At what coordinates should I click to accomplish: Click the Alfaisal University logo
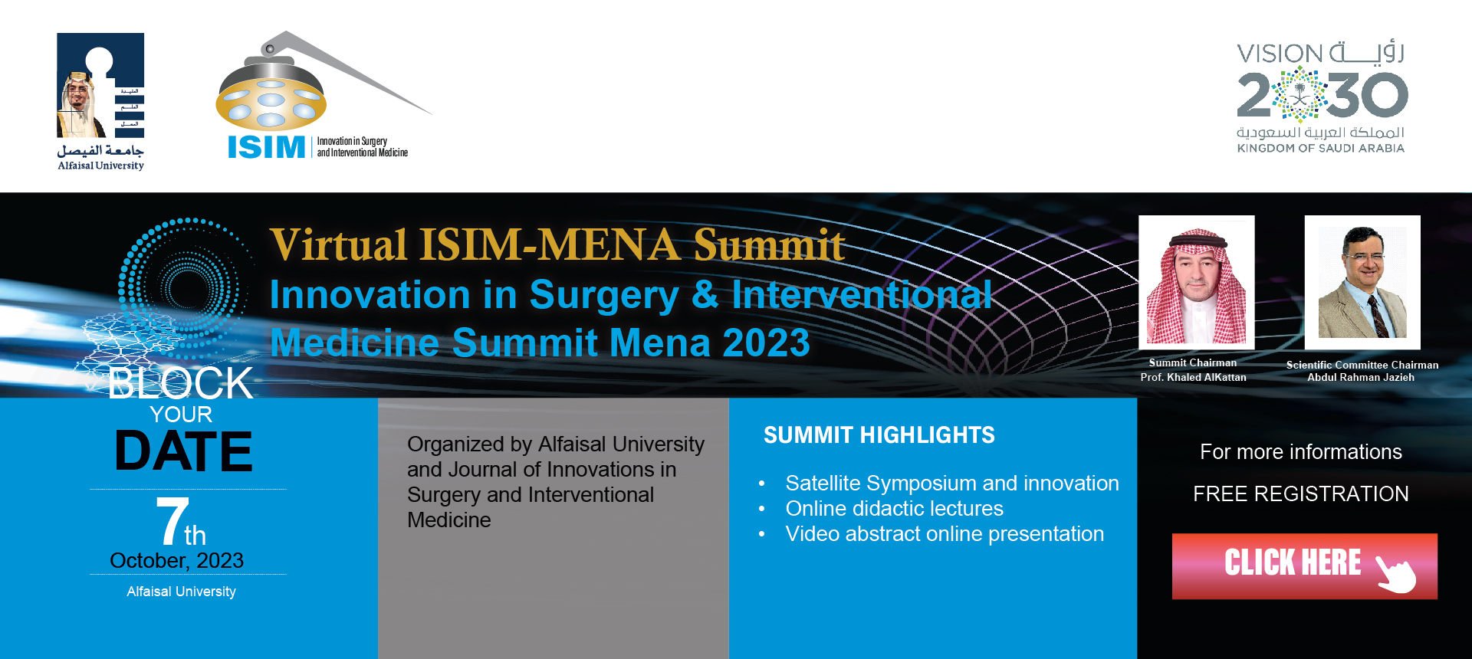[x=100, y=101]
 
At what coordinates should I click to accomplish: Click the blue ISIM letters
[x=267, y=147]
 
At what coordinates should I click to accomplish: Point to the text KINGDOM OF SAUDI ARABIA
[x=1321, y=149]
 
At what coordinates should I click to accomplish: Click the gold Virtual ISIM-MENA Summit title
[x=557, y=245]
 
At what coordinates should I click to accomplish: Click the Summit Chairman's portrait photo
[x=1196, y=282]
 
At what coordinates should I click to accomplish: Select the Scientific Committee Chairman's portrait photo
[x=1362, y=282]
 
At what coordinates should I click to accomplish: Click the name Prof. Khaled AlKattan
[x=1193, y=377]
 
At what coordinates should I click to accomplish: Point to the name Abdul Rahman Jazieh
[x=1361, y=377]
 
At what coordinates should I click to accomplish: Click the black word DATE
[x=183, y=451]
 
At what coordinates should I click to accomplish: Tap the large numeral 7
[x=172, y=521]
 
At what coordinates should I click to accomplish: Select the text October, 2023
[x=177, y=561]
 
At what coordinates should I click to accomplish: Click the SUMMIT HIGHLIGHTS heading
[x=879, y=435]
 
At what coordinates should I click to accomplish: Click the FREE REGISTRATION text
[x=1301, y=493]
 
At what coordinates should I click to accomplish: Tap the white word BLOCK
[x=181, y=383]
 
